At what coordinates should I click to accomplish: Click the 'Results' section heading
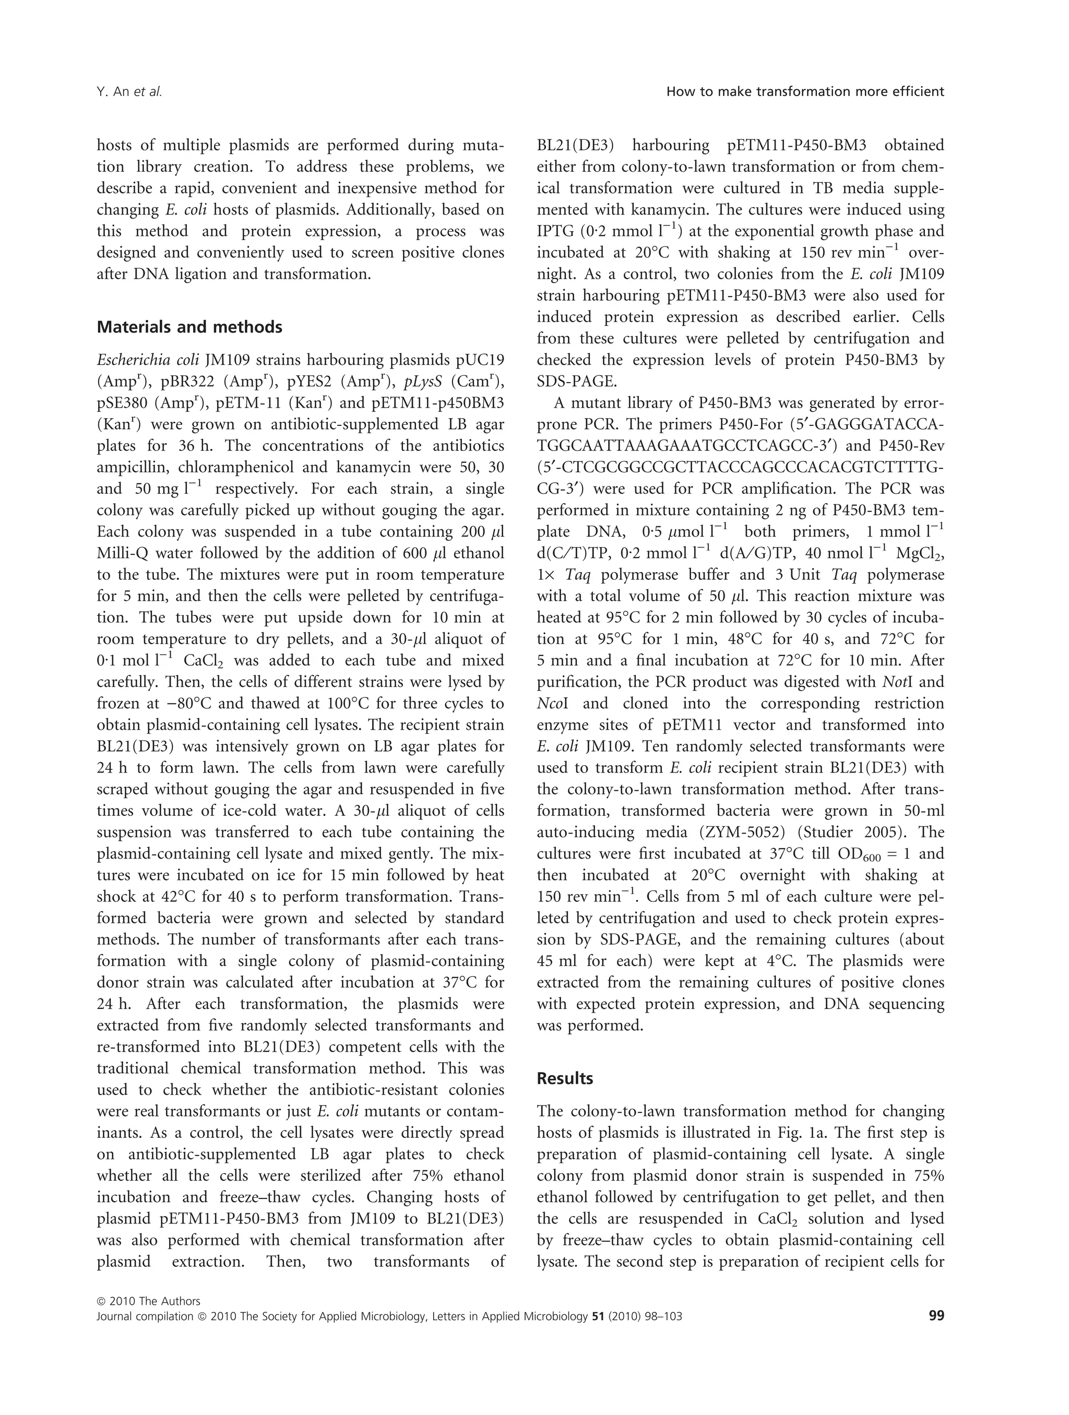pos(565,1078)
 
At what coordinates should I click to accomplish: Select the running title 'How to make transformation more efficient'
pos(805,91)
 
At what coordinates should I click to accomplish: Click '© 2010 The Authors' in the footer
pos(148,1301)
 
